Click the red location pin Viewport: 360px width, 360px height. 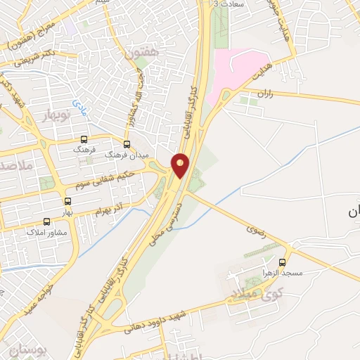coord(181,165)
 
